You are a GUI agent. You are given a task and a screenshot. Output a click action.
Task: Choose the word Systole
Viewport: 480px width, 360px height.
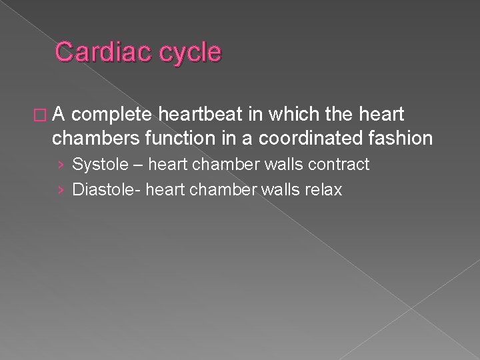click(x=97, y=164)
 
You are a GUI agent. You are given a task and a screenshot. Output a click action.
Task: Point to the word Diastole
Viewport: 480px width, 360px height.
click(x=102, y=190)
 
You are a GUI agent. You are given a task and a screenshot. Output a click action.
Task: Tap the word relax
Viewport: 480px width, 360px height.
click(x=323, y=190)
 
